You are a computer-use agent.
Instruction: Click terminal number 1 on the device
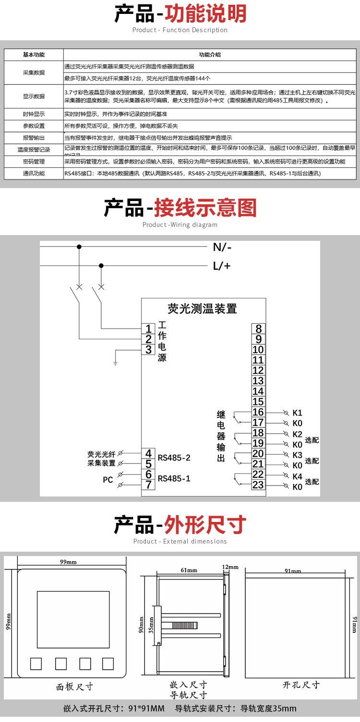(x=149, y=329)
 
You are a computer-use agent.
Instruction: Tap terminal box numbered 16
(x=258, y=413)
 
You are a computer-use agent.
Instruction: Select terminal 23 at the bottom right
(x=258, y=485)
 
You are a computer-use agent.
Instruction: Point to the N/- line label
(x=222, y=248)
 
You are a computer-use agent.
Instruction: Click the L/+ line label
(x=222, y=266)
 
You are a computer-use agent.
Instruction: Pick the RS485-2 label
(x=174, y=458)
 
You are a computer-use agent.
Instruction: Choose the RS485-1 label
(x=174, y=478)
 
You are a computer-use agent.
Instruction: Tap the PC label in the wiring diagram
(x=108, y=479)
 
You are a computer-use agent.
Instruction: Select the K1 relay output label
(x=297, y=413)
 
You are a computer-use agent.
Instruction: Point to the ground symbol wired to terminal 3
(x=116, y=363)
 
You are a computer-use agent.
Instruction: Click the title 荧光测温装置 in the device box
(x=203, y=308)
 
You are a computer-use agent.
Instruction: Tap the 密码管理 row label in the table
(x=34, y=162)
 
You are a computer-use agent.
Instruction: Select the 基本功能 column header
(x=34, y=55)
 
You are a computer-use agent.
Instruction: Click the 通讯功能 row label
(x=34, y=173)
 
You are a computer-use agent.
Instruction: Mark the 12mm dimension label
(x=230, y=567)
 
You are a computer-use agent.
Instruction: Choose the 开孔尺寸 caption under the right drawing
(x=301, y=685)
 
